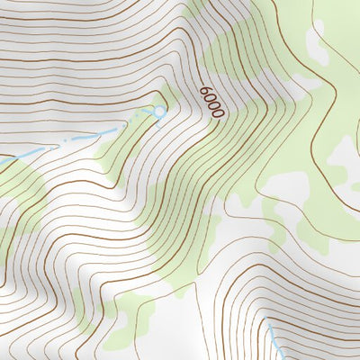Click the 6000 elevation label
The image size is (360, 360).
[211, 103]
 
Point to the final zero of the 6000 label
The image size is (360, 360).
[216, 112]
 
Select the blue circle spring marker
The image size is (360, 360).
[159, 112]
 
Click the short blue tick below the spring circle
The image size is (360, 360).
[159, 122]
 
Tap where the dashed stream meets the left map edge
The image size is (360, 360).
[1, 161]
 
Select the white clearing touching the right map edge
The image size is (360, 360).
[346, 162]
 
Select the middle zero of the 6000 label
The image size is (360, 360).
[212, 105]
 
